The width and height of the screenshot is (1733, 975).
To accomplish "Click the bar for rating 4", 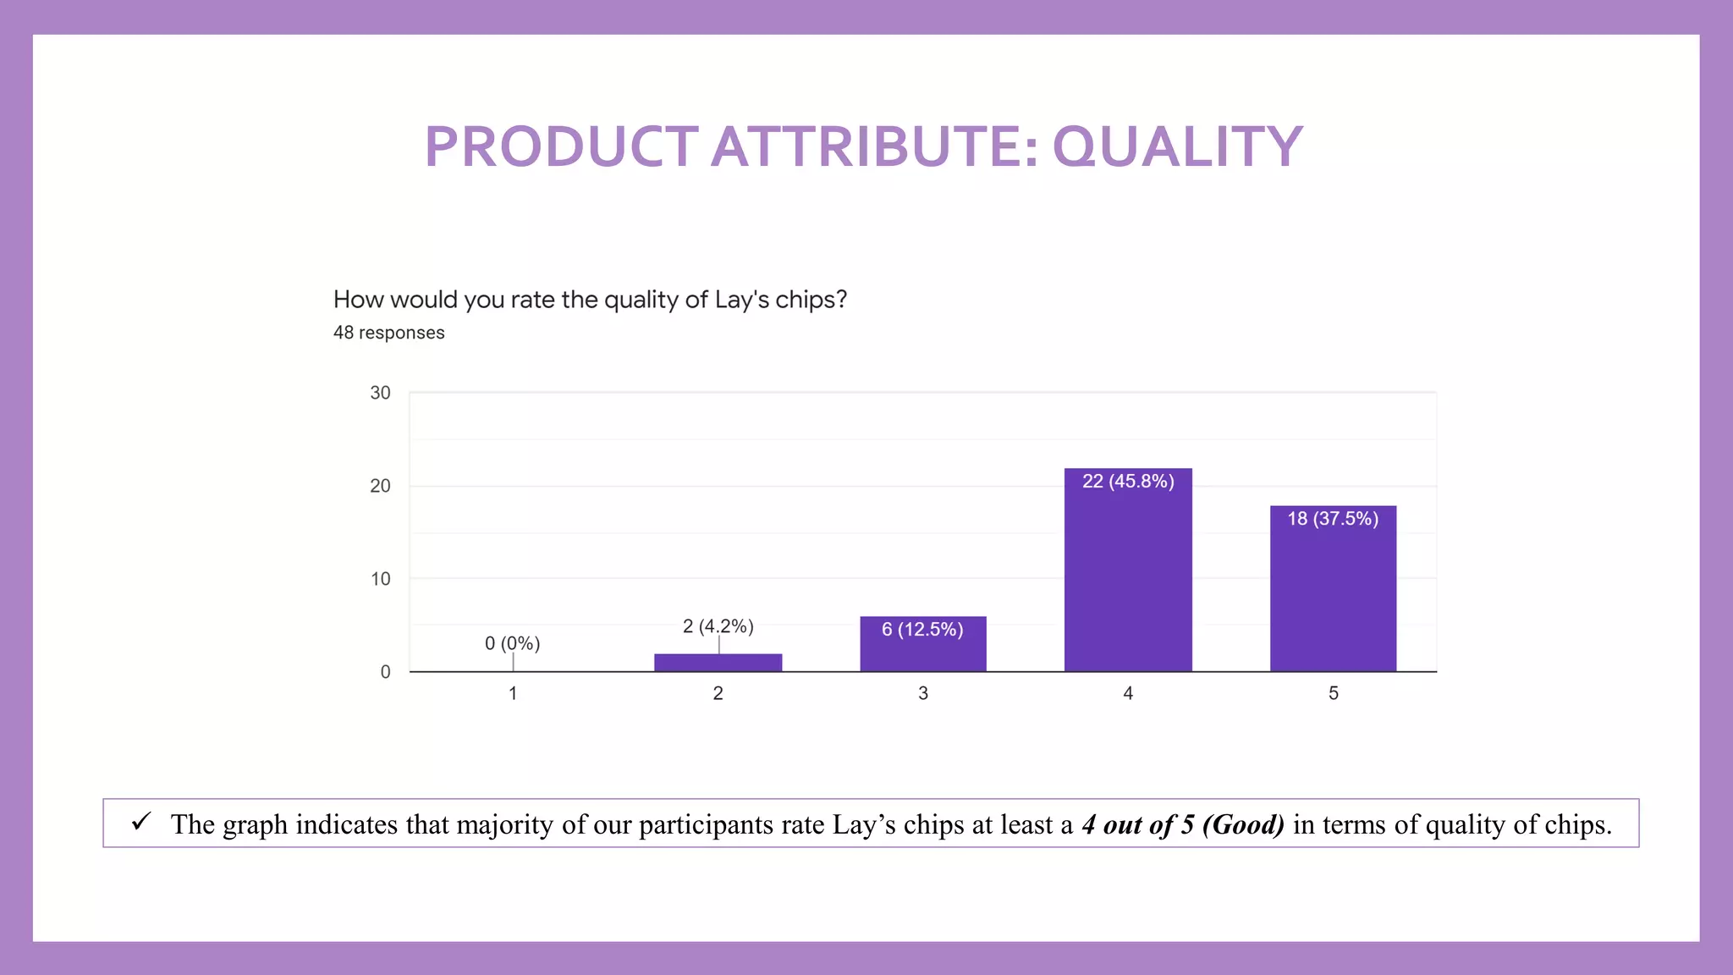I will point(1128,584).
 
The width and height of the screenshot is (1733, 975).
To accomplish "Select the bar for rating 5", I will point(1333,601).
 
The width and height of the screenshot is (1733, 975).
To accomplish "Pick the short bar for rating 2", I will point(718,663).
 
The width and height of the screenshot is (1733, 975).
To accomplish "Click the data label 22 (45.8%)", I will point(1128,482).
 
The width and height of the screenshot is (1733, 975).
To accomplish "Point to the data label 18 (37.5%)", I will point(1333,519).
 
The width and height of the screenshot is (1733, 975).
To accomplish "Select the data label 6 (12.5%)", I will point(922,630).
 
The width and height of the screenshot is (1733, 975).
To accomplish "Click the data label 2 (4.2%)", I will point(718,626).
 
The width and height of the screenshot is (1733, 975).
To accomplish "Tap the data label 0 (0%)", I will point(512,643).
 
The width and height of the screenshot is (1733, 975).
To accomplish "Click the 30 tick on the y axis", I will point(380,393).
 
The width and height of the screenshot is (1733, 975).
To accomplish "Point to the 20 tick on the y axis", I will point(380,486).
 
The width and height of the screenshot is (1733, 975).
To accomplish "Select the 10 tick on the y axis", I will point(380,579).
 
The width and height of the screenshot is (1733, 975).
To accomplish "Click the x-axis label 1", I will point(513,693).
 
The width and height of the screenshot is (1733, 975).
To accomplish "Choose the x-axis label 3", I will point(923,693).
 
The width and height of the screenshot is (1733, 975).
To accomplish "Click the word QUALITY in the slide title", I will point(1177,147).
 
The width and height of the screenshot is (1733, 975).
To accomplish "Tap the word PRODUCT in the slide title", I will point(561,147).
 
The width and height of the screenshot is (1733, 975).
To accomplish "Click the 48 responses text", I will point(388,333).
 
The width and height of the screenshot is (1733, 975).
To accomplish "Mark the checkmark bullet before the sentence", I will point(141,821).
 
